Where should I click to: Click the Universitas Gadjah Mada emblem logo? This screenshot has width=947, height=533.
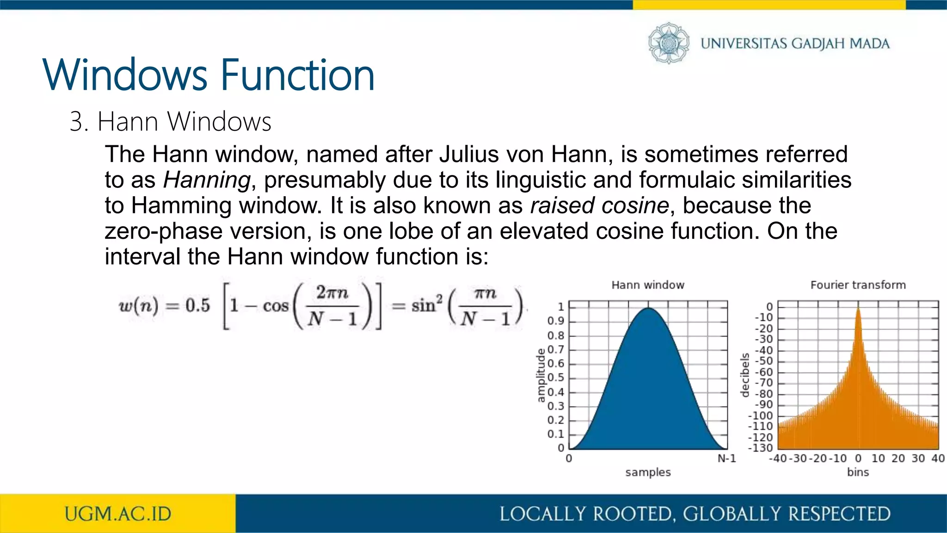pos(668,43)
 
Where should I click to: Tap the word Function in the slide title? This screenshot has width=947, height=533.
pos(297,75)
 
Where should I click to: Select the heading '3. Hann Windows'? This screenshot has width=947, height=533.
pos(170,122)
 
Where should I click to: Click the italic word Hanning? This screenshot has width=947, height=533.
pos(207,180)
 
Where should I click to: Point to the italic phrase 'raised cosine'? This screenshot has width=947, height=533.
pos(599,205)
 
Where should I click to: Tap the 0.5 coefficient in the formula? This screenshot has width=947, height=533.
pos(197,306)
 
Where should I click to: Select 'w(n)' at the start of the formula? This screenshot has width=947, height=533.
pos(138,306)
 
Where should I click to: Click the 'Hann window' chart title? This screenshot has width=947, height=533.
pos(647,285)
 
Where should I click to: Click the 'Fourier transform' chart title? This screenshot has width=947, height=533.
pos(858,285)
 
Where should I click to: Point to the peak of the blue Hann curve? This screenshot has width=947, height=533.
pos(648,309)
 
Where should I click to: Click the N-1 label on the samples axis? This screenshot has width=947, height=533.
pos(726,459)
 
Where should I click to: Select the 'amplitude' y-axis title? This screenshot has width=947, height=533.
pos(541,376)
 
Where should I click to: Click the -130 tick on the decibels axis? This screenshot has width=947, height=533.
pos(760,448)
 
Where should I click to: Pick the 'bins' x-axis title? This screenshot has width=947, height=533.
pos(858,472)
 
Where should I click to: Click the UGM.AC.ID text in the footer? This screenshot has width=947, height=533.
pos(118,514)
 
